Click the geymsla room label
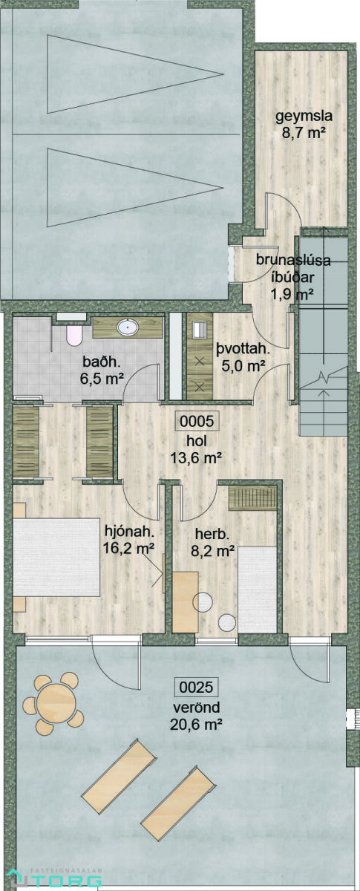[x=304, y=117]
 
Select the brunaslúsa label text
[x=293, y=261]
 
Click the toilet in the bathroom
[x=74, y=336]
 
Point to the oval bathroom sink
[x=128, y=327]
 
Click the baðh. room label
[x=101, y=362]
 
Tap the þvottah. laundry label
[x=243, y=350]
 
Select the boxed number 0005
[x=197, y=421]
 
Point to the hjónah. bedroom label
[x=129, y=531]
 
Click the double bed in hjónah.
[x=56, y=556]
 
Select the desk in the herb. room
[x=186, y=602]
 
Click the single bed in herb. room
[x=257, y=590]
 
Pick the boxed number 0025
[x=197, y=687]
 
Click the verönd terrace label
[x=196, y=708]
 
